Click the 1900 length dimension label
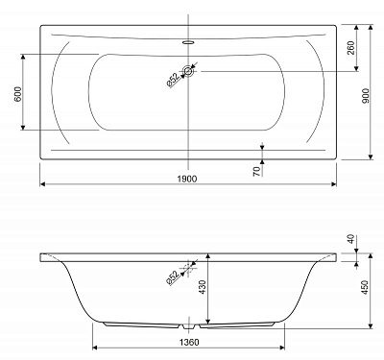click(x=187, y=179)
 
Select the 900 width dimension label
click(x=366, y=96)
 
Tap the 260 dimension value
click(x=351, y=48)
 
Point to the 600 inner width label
click(x=18, y=94)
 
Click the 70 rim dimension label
click(x=256, y=172)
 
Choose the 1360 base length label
click(x=189, y=343)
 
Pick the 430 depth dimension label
click(x=203, y=287)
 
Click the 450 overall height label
click(x=365, y=287)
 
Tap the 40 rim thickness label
click(x=351, y=239)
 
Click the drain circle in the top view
click(x=189, y=71)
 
